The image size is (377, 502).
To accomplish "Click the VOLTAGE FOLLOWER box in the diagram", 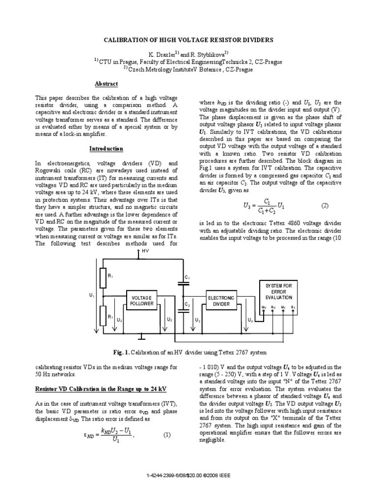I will pyautogui.click(x=142, y=301).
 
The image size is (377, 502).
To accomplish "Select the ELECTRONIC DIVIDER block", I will pyautogui.click(x=221, y=301).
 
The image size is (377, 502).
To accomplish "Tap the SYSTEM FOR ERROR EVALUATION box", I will pyautogui.click(x=278, y=292).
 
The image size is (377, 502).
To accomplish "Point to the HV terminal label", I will pyautogui.click(x=145, y=251).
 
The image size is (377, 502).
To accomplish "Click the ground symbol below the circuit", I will pyautogui.click(x=141, y=337).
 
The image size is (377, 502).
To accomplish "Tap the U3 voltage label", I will pyautogui.click(x=197, y=320).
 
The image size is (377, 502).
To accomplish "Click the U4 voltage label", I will pyautogui.click(x=250, y=320).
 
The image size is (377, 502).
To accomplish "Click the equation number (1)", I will pyautogui.click(x=167, y=434).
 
